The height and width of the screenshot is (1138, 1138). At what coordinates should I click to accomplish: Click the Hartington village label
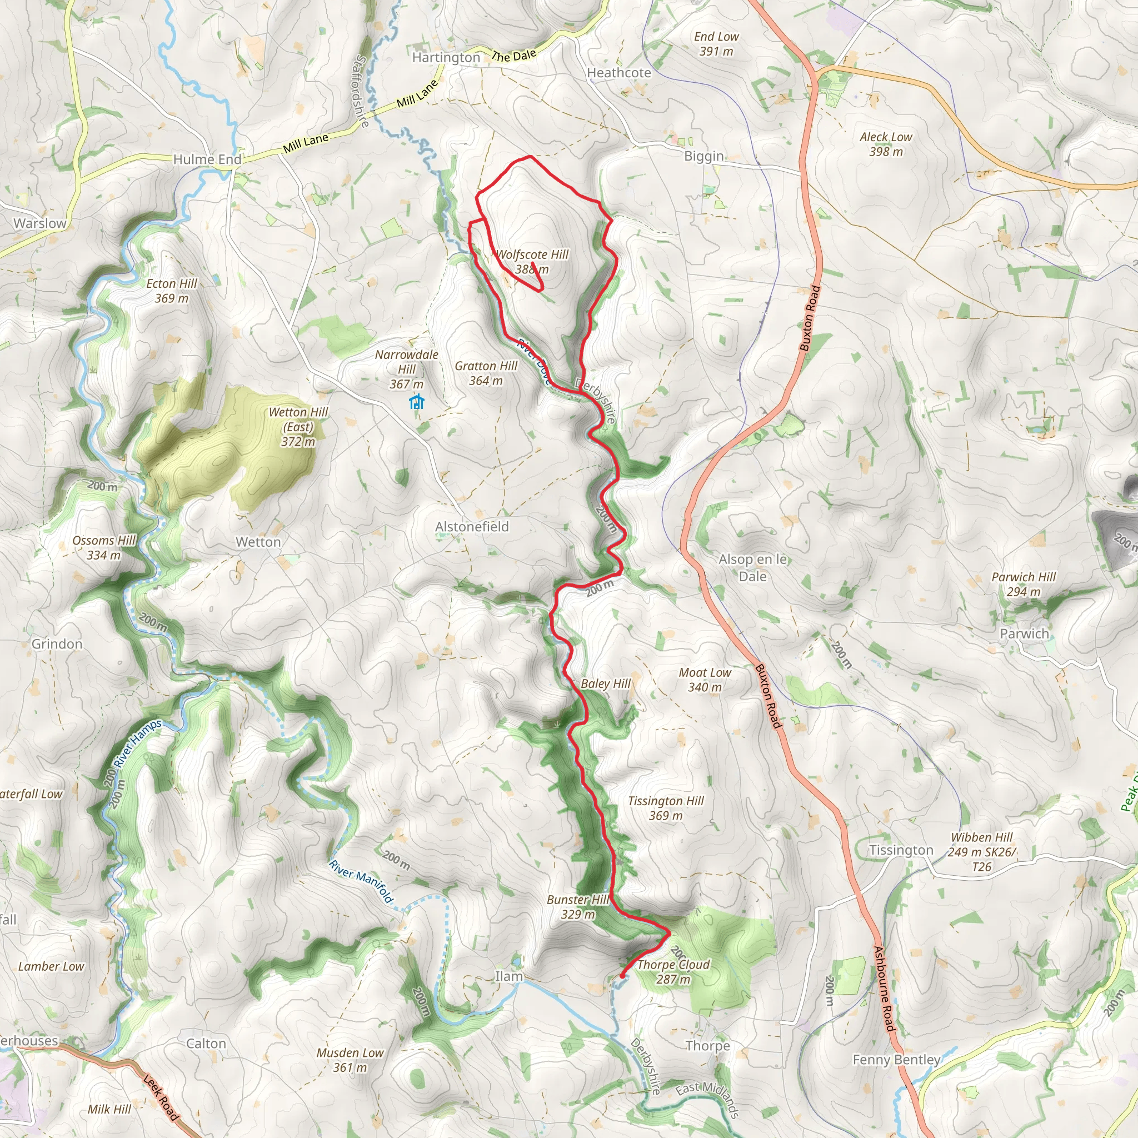tap(446, 58)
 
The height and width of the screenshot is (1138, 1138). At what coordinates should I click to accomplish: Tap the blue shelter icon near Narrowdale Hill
tap(416, 402)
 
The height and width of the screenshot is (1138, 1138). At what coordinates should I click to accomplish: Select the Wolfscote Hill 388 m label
tap(532, 262)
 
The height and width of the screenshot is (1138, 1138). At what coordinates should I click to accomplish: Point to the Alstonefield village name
tap(472, 527)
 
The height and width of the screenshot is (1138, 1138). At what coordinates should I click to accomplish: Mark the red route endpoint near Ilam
tap(622, 976)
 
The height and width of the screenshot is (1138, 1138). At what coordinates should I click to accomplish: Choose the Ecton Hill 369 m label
tap(171, 291)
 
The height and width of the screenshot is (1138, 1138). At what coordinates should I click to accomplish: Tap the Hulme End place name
tap(207, 159)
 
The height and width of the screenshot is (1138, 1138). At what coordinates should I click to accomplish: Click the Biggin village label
tap(703, 156)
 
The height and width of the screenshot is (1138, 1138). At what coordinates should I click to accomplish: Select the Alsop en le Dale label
tap(753, 568)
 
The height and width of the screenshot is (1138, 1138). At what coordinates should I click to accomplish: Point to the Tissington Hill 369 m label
tap(666, 808)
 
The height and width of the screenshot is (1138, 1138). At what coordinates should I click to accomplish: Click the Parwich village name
tap(1024, 634)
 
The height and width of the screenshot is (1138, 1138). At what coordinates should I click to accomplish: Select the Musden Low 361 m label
tap(350, 1060)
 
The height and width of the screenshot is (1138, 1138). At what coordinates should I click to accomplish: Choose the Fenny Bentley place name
tap(896, 1060)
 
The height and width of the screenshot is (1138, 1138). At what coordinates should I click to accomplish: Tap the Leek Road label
tap(160, 1097)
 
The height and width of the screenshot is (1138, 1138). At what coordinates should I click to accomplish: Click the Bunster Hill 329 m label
tap(577, 907)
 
